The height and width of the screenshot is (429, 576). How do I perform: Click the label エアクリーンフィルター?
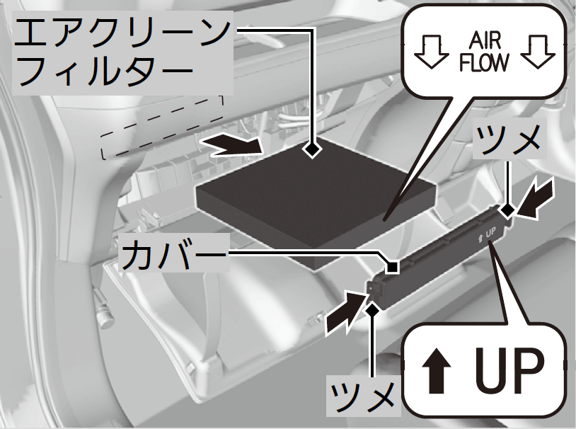[x=122, y=52]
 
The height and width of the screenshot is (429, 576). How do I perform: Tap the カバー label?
[x=173, y=254]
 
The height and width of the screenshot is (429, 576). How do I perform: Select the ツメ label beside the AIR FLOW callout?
[x=509, y=139]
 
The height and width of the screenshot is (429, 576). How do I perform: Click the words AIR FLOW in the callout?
[x=484, y=52]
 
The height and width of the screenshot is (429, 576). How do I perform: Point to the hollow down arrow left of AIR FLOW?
[x=431, y=52]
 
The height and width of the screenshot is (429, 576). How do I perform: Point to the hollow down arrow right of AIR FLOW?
[x=538, y=52]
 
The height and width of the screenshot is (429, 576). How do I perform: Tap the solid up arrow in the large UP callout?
[x=436, y=370]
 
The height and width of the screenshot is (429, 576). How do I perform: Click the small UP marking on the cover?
[x=487, y=236]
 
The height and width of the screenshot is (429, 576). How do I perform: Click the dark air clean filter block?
[x=316, y=205]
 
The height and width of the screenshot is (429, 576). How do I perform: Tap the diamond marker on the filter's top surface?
[x=312, y=150]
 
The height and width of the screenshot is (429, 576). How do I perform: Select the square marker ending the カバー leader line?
[x=392, y=266]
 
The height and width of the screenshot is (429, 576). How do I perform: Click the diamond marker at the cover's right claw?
[x=507, y=211]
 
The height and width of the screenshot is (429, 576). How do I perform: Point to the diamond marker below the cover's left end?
[x=373, y=310]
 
